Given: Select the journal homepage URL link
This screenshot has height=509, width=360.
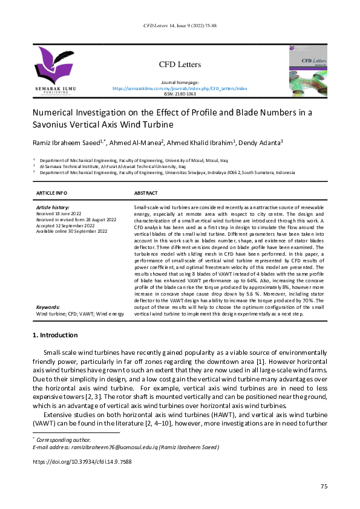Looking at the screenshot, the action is (180, 88).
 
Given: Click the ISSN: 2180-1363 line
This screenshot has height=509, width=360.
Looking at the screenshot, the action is (180, 94).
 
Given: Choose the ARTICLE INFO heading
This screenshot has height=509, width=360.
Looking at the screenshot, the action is (52, 193).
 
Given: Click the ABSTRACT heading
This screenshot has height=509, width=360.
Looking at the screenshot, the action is (146, 193).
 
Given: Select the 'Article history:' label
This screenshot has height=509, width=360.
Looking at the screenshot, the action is (53, 207).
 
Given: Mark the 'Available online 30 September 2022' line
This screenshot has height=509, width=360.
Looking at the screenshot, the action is (71, 232).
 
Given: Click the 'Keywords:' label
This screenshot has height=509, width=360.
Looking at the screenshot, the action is (48, 308).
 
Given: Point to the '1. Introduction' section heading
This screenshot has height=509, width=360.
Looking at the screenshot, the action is (54, 335).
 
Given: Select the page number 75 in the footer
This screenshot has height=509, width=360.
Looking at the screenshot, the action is (324, 487).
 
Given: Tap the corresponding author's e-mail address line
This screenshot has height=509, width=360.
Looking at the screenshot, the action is (126, 447).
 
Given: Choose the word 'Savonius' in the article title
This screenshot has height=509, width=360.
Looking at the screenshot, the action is (51, 125).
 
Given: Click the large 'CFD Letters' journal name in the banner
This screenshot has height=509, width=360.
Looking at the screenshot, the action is (180, 64).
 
